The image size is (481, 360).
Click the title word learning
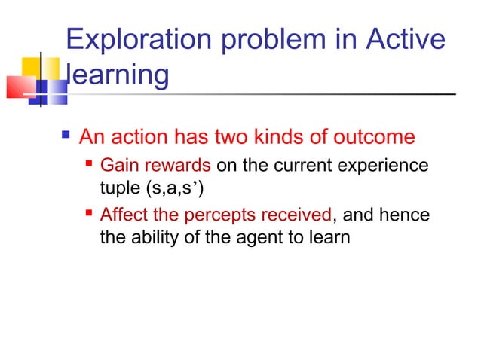(118, 75)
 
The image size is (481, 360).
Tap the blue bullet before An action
(66, 137)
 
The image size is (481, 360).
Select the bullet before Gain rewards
(90, 163)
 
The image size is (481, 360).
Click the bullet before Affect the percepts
(90, 215)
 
